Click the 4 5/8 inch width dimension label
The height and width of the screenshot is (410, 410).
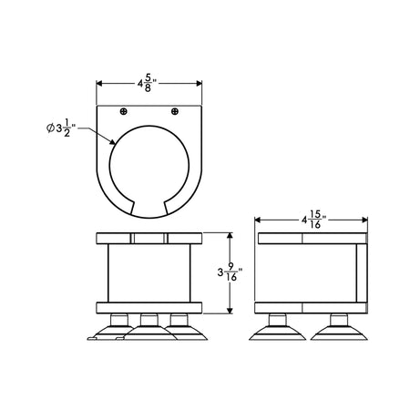(148, 84)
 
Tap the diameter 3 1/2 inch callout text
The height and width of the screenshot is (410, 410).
(61, 128)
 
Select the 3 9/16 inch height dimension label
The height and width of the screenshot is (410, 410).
(231, 272)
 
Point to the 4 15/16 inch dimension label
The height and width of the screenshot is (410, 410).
(314, 220)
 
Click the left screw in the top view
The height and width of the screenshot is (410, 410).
(123, 111)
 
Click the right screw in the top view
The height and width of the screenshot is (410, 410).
(175, 111)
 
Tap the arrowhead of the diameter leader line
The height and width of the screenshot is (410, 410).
(112, 142)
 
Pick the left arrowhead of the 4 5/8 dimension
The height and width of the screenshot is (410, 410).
(99, 84)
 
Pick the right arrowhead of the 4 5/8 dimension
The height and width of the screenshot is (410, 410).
(199, 84)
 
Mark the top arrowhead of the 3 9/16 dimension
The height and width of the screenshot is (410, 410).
(230, 236)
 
